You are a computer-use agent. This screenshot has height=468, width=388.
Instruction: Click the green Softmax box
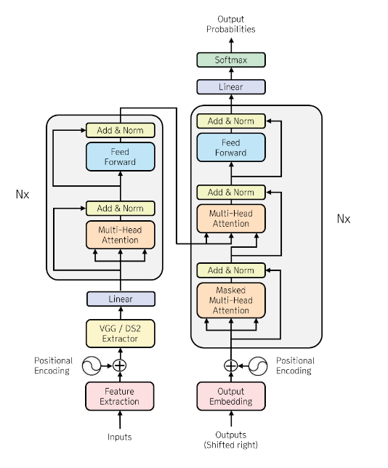pyautogui.click(x=230, y=60)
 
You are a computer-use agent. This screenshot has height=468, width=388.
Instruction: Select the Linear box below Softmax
pyautogui.click(x=230, y=86)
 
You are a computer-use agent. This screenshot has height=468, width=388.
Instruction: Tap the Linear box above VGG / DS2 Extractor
pyautogui.click(x=120, y=299)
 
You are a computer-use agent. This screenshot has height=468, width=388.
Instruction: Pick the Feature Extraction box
pyautogui.click(x=120, y=396)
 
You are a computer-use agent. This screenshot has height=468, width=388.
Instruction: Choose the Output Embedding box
pyautogui.click(x=230, y=396)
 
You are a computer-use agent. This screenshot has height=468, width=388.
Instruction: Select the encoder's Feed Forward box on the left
pyautogui.click(x=120, y=157)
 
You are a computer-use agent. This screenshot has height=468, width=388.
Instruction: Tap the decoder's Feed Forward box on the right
pyautogui.click(x=230, y=148)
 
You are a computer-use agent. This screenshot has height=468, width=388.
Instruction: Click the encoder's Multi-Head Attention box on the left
pyautogui.click(x=120, y=235)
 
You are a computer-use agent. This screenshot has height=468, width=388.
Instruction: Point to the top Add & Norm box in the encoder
pyautogui.click(x=120, y=131)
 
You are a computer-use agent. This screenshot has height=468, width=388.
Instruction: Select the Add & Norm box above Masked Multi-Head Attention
pyautogui.click(x=230, y=270)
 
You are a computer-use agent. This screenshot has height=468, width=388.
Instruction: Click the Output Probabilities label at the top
pyautogui.click(x=230, y=24)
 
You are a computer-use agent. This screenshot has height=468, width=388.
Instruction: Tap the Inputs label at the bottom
pyautogui.click(x=120, y=437)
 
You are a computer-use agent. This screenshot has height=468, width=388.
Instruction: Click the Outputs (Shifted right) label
pyautogui.click(x=230, y=440)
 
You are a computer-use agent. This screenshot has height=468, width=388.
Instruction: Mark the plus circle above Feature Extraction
pyautogui.click(x=120, y=366)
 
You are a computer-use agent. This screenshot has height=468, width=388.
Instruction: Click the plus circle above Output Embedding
pyautogui.click(x=230, y=366)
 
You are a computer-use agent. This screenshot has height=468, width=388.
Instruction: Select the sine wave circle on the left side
pyautogui.click(x=92, y=366)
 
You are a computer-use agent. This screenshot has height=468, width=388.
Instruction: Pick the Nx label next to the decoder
pyautogui.click(x=343, y=218)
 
